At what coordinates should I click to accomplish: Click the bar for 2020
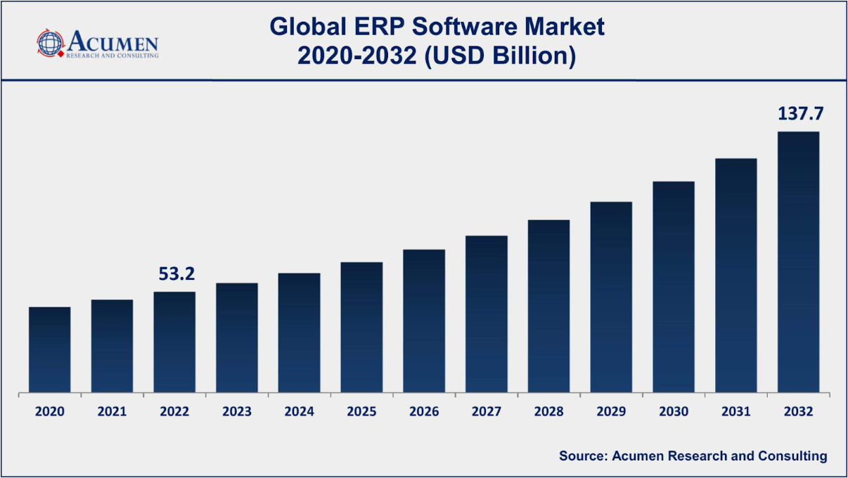pyautogui.click(x=49, y=349)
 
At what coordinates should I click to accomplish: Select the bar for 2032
pyautogui.click(x=798, y=261)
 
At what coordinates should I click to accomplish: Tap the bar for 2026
pyautogui.click(x=424, y=321)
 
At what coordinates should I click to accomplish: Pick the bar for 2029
pyautogui.click(x=611, y=297)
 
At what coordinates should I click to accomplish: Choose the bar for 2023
pyautogui.click(x=237, y=337)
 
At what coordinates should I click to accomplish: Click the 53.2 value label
pyautogui.click(x=175, y=274)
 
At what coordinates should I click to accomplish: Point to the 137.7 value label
pyautogui.click(x=799, y=114)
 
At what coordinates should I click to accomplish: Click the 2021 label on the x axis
pyautogui.click(x=112, y=412)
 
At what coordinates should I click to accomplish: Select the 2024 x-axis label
pyautogui.click(x=300, y=412)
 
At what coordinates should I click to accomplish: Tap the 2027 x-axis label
pyautogui.click(x=487, y=412)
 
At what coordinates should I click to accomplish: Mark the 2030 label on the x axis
pyautogui.click(x=674, y=412)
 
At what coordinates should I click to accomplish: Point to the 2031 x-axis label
pyautogui.click(x=736, y=412)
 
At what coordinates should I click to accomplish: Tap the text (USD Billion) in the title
pyautogui.click(x=500, y=56)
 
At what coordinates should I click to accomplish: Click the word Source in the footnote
pyautogui.click(x=582, y=456)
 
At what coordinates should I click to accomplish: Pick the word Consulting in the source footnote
pyautogui.click(x=792, y=456)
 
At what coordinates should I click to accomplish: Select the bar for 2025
pyautogui.click(x=361, y=327)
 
